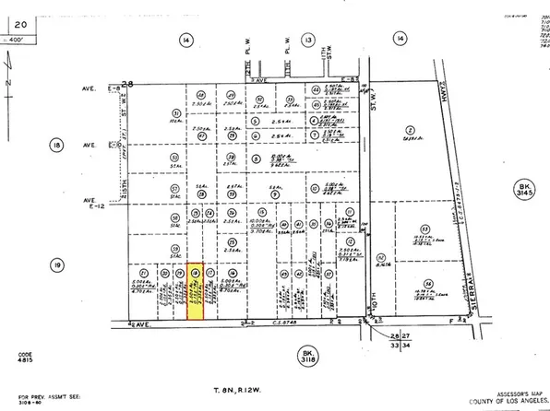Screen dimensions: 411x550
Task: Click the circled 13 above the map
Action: coord(307,40)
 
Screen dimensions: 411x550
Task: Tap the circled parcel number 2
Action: coord(409,130)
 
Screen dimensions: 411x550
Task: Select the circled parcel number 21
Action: coord(143,274)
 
